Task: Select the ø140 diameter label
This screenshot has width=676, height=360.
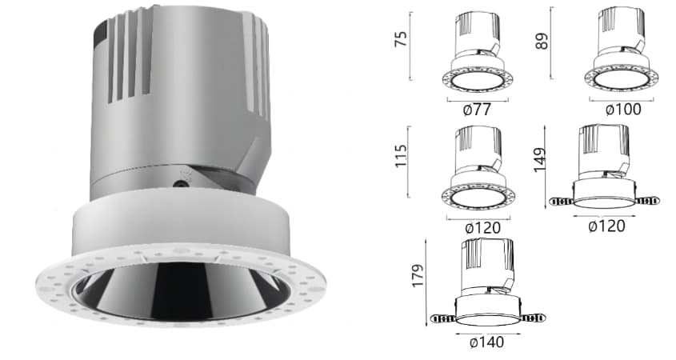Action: pos(487,342)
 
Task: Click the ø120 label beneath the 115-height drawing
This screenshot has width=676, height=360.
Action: pos(477,228)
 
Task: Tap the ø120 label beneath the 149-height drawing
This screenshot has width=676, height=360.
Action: pos(606,226)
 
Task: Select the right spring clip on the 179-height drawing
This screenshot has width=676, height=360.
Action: pos(534,318)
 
